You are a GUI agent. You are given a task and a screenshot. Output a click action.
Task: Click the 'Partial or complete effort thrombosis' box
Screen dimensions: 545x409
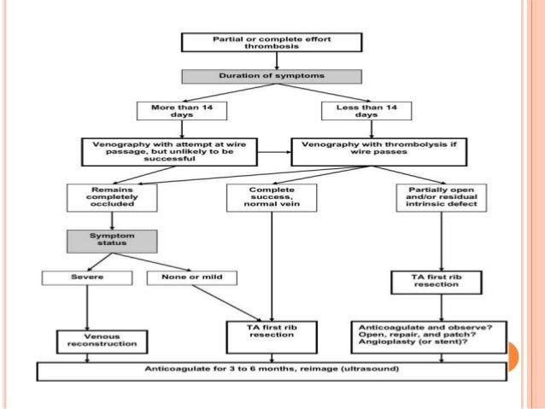click(x=272, y=43)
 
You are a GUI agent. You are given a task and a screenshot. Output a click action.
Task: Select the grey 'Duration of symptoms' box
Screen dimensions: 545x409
click(x=272, y=77)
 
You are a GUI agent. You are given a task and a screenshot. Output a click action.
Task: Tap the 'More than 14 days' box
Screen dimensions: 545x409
click(x=182, y=111)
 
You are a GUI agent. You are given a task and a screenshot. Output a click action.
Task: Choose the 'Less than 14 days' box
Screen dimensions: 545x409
click(x=366, y=111)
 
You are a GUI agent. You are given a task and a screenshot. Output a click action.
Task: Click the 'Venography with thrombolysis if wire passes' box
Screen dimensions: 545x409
click(x=379, y=152)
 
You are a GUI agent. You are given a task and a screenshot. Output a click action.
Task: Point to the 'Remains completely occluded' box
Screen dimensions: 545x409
click(x=112, y=198)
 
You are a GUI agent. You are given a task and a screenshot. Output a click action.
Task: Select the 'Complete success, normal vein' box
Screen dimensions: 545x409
click(x=272, y=198)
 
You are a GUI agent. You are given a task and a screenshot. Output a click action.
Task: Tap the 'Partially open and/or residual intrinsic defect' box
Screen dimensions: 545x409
click(x=442, y=198)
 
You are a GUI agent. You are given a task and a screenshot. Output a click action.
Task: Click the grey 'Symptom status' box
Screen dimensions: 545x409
click(x=112, y=241)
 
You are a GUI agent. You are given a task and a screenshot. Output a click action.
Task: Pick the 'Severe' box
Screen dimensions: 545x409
click(x=87, y=278)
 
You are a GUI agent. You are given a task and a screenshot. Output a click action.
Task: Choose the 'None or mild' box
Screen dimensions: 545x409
click(x=192, y=278)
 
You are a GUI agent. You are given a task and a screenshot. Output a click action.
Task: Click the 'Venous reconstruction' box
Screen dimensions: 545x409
click(x=103, y=342)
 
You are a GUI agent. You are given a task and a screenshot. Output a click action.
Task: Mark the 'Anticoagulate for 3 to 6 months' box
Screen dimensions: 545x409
click(x=272, y=371)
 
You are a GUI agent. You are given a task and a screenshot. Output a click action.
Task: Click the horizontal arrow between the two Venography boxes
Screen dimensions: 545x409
click(x=274, y=152)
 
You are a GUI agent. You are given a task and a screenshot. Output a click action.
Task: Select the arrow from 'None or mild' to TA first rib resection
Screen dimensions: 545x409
click(x=226, y=303)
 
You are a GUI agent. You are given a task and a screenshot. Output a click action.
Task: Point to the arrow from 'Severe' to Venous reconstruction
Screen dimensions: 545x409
click(x=87, y=307)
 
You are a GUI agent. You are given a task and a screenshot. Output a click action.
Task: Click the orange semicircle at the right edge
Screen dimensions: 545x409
click(x=513, y=356)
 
